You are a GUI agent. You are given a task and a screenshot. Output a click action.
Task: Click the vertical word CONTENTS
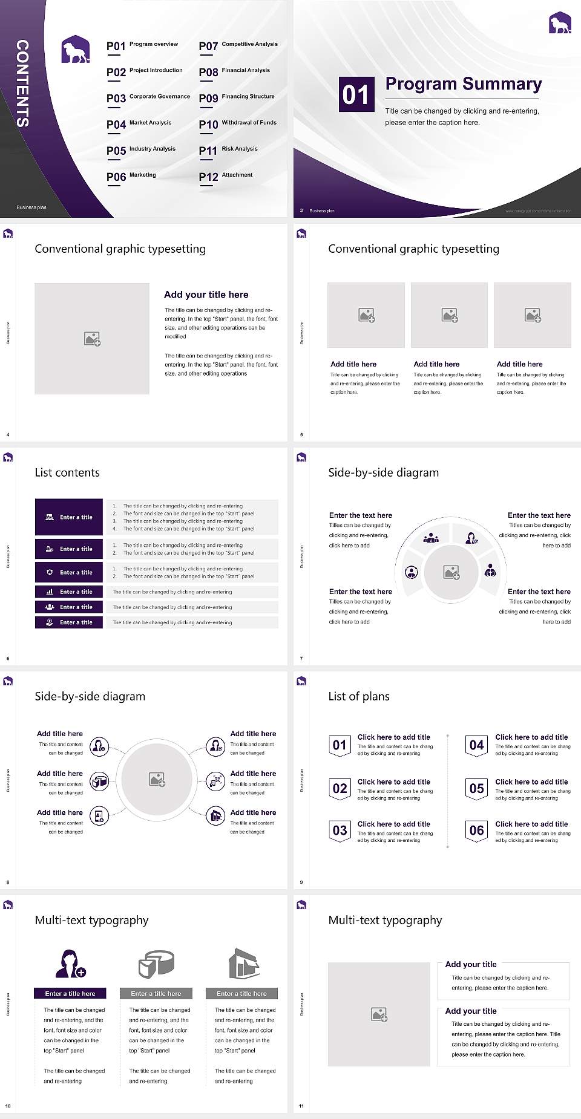coord(22,83)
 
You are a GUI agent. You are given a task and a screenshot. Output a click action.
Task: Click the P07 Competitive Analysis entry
coord(238,46)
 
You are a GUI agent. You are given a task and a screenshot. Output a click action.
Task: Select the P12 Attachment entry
coord(226,177)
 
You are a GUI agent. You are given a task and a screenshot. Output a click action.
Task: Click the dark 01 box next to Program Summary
coord(356,94)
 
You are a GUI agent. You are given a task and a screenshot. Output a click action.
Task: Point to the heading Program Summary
coord(463,84)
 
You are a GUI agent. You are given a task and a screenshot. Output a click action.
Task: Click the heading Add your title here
coord(206,295)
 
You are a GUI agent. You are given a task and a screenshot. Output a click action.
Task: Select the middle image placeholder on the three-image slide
coord(449,315)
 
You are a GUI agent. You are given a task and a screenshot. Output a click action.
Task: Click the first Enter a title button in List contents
coord(69,517)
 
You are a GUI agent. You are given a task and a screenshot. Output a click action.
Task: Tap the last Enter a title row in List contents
coord(69,622)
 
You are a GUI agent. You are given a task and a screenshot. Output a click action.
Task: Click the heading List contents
coord(67,472)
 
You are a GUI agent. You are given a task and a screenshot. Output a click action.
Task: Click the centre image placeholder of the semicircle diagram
coord(451,572)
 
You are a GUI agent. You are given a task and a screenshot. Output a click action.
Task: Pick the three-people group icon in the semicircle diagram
coord(431,537)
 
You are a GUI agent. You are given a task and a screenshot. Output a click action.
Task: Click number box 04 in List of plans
coord(477,745)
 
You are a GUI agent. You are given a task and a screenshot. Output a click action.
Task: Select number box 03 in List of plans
coord(340,831)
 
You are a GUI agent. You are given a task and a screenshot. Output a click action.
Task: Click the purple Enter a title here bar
coord(70,993)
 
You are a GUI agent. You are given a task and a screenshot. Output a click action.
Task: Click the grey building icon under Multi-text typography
coord(244,964)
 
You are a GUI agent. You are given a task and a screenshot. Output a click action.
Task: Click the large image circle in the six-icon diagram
coord(157,779)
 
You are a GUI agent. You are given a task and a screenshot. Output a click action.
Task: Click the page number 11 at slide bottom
coord(301,1106)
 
